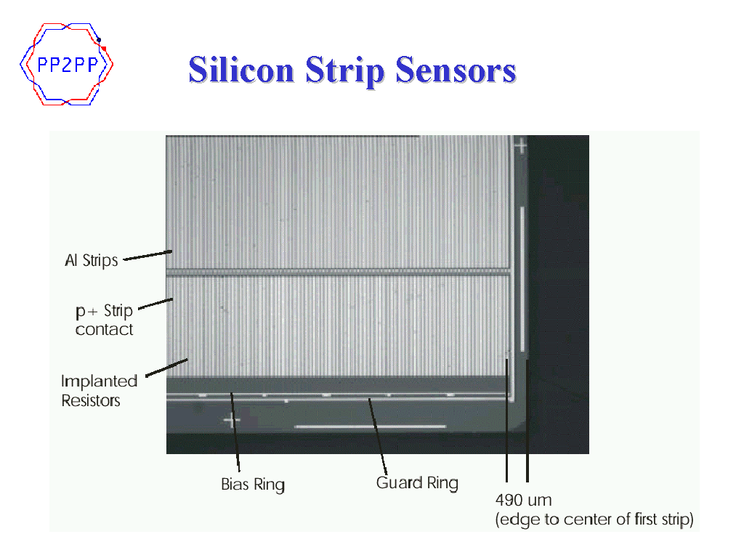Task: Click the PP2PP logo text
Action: click(x=68, y=65)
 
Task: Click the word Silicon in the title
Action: click(x=241, y=70)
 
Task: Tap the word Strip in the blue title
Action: click(x=345, y=71)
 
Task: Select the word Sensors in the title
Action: click(x=456, y=70)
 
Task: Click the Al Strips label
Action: click(x=92, y=261)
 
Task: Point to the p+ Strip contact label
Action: click(x=105, y=320)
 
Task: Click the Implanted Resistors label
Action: click(x=99, y=390)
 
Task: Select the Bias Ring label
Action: click(x=253, y=485)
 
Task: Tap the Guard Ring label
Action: click(x=418, y=483)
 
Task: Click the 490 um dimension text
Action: click(x=523, y=500)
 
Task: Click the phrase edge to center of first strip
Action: click(x=594, y=519)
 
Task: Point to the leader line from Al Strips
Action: click(x=147, y=255)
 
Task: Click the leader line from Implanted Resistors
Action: click(x=166, y=368)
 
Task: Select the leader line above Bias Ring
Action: click(x=235, y=432)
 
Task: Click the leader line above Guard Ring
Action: click(x=378, y=437)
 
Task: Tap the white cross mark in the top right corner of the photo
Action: click(x=521, y=145)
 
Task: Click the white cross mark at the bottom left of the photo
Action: click(x=232, y=421)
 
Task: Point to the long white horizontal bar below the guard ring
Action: click(x=370, y=426)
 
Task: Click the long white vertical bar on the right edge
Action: click(x=522, y=278)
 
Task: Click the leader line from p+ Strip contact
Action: click(x=155, y=304)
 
